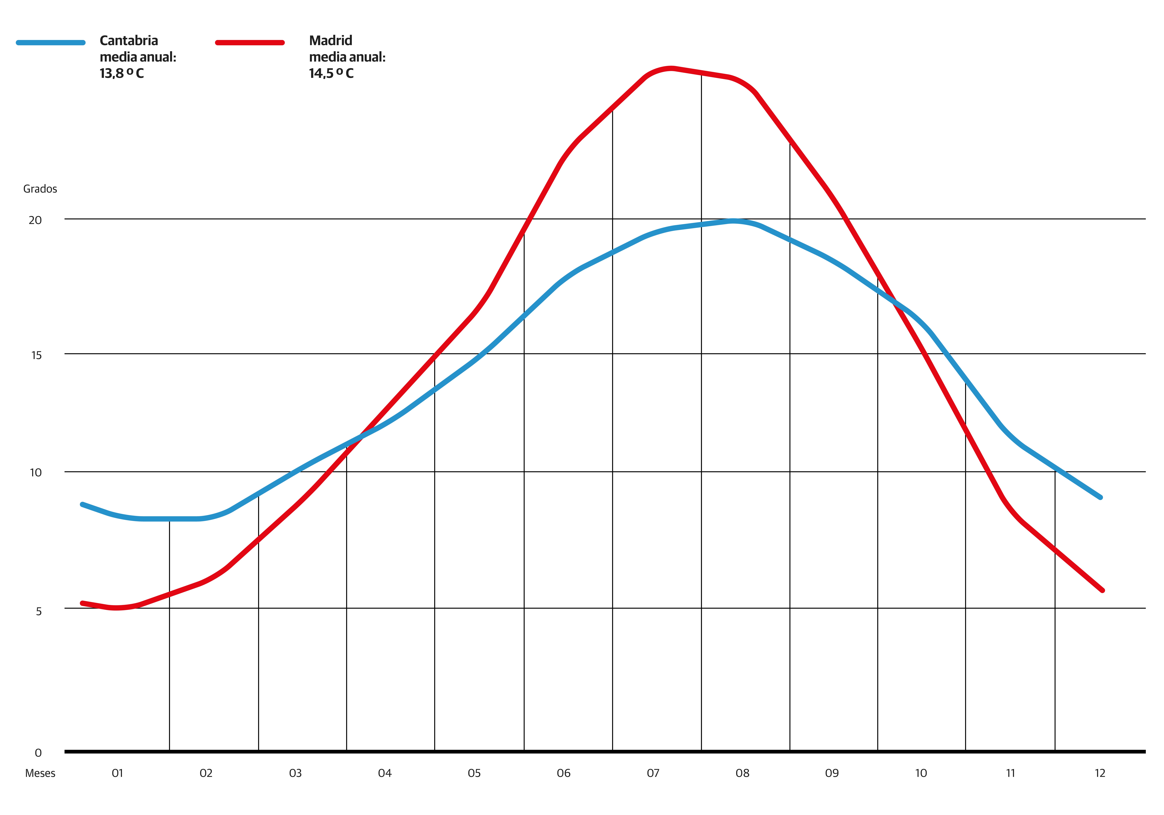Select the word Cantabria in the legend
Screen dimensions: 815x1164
coord(129,41)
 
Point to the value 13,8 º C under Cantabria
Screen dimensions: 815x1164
coord(122,73)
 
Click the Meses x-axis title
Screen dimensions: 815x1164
coord(40,773)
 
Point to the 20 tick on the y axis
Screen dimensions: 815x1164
coord(35,220)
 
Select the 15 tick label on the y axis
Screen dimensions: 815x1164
coord(36,355)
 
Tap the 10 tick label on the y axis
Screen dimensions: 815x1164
coord(36,473)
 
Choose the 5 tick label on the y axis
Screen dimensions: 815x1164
coord(39,611)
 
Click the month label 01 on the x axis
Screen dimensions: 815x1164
coord(117,773)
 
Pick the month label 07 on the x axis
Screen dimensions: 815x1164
coord(653,773)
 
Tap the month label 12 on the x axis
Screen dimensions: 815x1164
coord(1100,773)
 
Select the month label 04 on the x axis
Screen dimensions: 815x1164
coord(385,773)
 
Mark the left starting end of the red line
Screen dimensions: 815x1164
coord(82,603)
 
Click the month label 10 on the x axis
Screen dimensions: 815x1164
coord(921,773)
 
